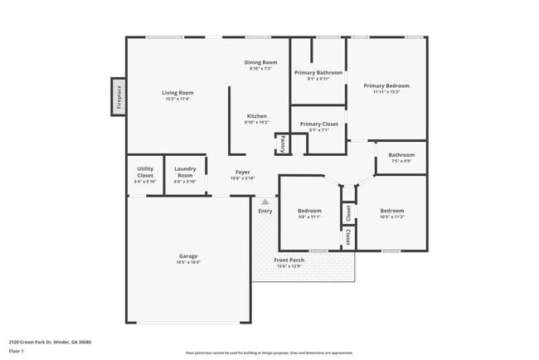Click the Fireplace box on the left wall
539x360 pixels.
tap(119, 96)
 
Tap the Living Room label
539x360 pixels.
tap(177, 92)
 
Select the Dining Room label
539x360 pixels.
tap(260, 62)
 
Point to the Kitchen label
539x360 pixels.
tap(256, 115)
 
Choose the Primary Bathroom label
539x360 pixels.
tap(318, 73)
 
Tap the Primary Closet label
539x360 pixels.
tap(318, 124)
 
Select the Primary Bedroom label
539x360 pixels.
tap(386, 85)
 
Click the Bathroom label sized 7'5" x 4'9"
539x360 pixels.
tap(401, 154)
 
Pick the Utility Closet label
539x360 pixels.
tap(145, 172)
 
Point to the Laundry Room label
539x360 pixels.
tap(185, 172)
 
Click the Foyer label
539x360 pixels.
tap(242, 172)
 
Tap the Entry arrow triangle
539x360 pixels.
tap(265, 201)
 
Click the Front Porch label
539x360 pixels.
tap(289, 260)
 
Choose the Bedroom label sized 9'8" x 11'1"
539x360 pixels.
tap(309, 211)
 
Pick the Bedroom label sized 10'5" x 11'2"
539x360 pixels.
tap(391, 211)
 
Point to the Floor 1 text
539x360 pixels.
tap(17, 351)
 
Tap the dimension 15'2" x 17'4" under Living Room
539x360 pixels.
tap(177, 99)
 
